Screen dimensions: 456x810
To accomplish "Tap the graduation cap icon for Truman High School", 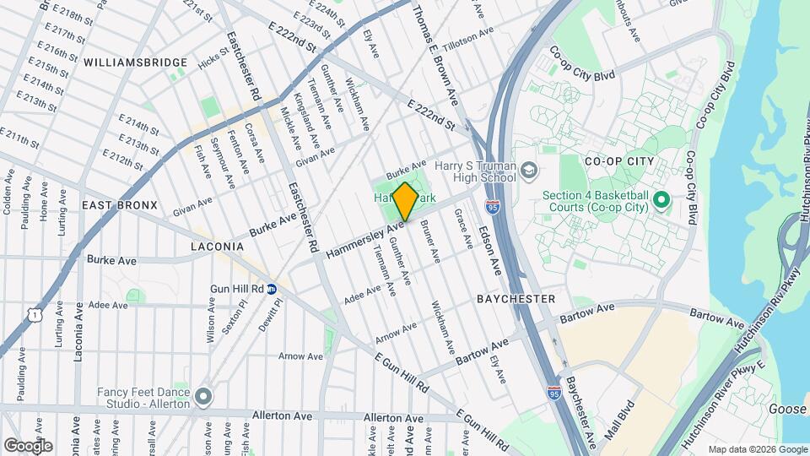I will pos(529,171).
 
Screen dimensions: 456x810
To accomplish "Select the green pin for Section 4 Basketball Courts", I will pos(661,200).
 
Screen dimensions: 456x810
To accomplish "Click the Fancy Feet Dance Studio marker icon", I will pos(202,395).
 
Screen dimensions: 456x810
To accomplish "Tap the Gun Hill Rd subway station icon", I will pos(272,289).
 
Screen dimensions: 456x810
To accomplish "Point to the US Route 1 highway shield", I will pos(33,314).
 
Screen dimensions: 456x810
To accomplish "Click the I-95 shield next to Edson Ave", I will pos(492,205).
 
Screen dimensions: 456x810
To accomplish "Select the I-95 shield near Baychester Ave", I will pos(553,393).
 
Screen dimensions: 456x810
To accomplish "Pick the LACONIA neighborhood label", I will pos(217,247).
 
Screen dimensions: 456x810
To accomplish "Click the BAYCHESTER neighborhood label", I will pos(516,299).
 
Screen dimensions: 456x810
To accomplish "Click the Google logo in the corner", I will pos(28,446).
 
